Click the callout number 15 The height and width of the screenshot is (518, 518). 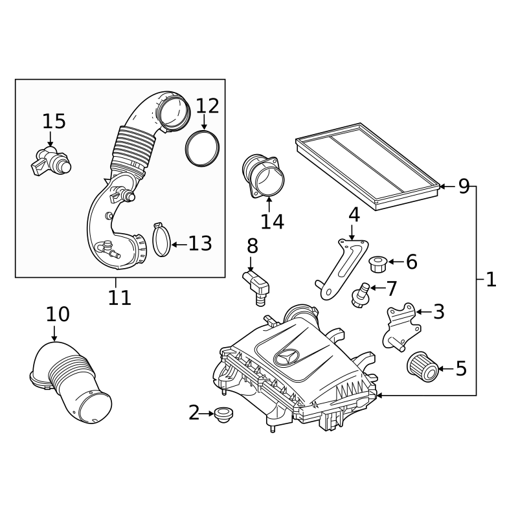pyautogui.click(x=54, y=121)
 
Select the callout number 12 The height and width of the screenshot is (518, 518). pyautogui.click(x=208, y=106)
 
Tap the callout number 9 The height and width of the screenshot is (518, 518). pyautogui.click(x=464, y=186)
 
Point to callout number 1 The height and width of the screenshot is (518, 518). pyautogui.click(x=491, y=280)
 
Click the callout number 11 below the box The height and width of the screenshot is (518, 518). pyautogui.click(x=120, y=297)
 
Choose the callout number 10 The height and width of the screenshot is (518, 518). pyautogui.click(x=58, y=315)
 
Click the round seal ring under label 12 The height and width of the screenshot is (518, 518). pyautogui.click(x=201, y=148)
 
